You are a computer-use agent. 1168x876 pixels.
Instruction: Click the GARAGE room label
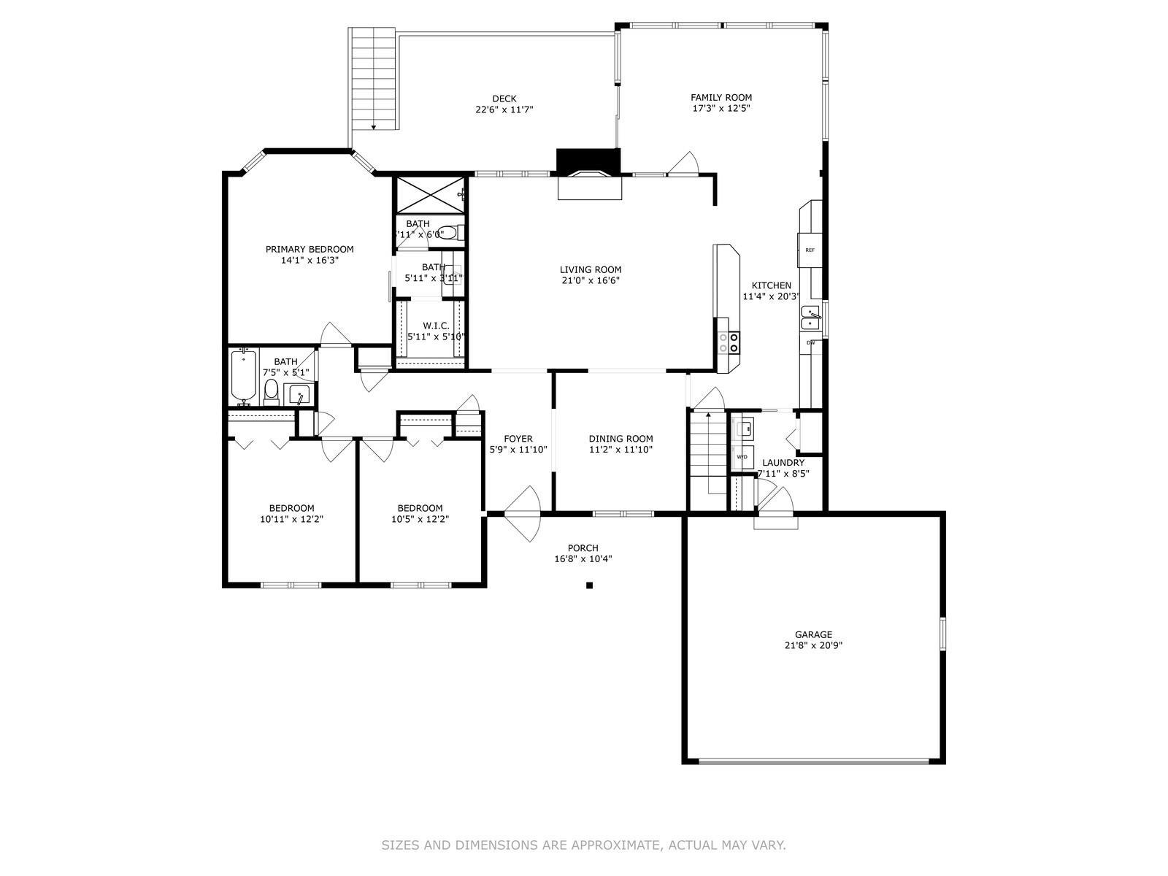pyautogui.click(x=813, y=634)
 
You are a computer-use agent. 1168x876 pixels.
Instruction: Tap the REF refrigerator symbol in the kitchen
pyautogui.click(x=810, y=250)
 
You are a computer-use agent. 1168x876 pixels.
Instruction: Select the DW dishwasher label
pyautogui.click(x=810, y=342)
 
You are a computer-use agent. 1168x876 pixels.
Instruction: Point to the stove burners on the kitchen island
pyautogui.click(x=729, y=342)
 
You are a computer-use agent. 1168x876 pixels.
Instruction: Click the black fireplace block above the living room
pyautogui.click(x=588, y=160)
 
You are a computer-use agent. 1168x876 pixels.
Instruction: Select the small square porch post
pyautogui.click(x=589, y=585)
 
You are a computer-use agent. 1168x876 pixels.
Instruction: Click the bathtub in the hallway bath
pyautogui.click(x=243, y=376)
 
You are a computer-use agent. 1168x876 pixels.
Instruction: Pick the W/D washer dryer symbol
pyautogui.click(x=742, y=457)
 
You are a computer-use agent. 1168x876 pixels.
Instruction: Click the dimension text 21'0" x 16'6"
pyautogui.click(x=591, y=280)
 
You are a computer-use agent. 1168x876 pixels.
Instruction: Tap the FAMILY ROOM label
pyautogui.click(x=721, y=97)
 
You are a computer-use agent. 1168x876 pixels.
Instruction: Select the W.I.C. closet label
pyautogui.click(x=435, y=326)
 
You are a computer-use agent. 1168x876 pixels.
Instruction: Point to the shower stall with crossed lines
pyautogui.click(x=430, y=194)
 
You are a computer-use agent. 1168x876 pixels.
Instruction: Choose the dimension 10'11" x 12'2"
pyautogui.click(x=291, y=520)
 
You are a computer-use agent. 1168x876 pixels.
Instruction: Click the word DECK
pyautogui.click(x=504, y=99)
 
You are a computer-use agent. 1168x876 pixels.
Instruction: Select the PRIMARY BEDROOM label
pyautogui.click(x=310, y=249)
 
